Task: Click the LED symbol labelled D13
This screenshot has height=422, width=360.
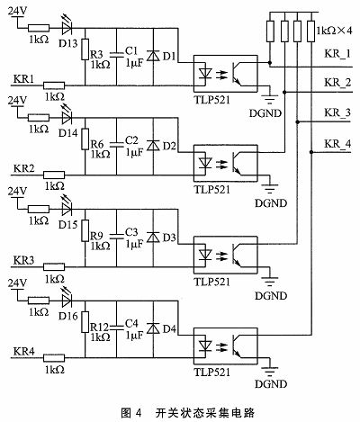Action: tap(67, 26)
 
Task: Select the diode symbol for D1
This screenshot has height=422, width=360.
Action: tap(153, 56)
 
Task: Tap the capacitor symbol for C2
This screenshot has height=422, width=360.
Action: tap(116, 145)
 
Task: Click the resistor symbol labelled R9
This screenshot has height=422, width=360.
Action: tap(85, 230)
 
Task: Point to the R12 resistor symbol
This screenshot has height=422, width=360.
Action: tap(85, 322)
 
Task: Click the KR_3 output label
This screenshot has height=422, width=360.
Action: tap(337, 112)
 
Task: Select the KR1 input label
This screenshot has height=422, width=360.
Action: tap(23, 79)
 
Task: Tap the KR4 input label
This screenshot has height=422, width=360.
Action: tap(23, 351)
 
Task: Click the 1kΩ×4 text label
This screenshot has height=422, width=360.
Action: tap(334, 30)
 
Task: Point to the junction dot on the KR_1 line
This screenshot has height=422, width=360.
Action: tap(270, 63)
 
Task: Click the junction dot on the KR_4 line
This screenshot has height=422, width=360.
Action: tap(311, 152)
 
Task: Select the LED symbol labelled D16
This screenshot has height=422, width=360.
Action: tap(67, 299)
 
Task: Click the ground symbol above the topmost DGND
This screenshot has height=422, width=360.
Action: tap(270, 99)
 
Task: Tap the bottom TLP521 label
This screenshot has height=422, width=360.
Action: tap(212, 373)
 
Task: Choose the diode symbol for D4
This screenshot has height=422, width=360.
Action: tap(153, 328)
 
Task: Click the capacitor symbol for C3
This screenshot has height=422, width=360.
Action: tap(116, 237)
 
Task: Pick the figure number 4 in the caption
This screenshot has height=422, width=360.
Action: tap(138, 413)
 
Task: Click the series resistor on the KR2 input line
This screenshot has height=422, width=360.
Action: tap(54, 175)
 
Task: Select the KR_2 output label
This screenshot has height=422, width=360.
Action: tap(337, 82)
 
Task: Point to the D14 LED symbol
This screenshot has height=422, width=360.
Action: tap(67, 117)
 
